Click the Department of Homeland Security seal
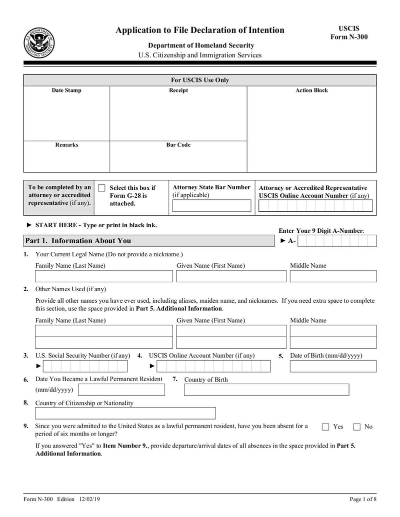pyautogui.click(x=39, y=42)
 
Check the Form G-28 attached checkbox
pyautogui.click(x=102, y=188)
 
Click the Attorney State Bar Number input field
pyautogui.click(x=211, y=206)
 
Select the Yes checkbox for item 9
pyautogui.click(x=325, y=427)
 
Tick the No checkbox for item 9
pyautogui.click(x=357, y=427)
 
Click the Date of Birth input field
pyautogui.click(x=333, y=367)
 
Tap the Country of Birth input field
pyautogui.click(x=266, y=390)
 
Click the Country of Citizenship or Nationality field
pyautogui.click(x=125, y=413)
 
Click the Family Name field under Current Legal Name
pyautogui.click(x=103, y=276)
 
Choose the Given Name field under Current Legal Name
pyautogui.click(x=231, y=276)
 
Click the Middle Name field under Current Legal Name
pyautogui.click(x=333, y=276)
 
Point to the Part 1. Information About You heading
pyautogui.click(x=78, y=241)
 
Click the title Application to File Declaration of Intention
pyautogui.click(x=200, y=30)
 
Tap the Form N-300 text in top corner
pyautogui.click(x=349, y=37)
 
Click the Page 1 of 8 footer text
pyautogui.click(x=362, y=500)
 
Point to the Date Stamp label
pyautogui.click(x=66, y=90)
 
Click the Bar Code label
pyautogui.click(x=178, y=145)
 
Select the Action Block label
pyautogui.click(x=311, y=90)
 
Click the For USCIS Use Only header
pyautogui.click(x=200, y=80)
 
